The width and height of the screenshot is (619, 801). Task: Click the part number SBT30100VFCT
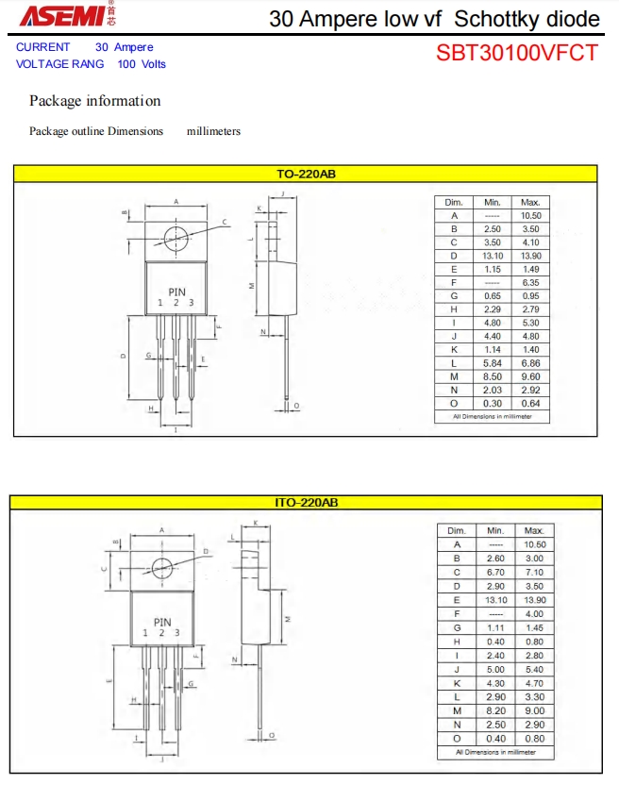click(517, 53)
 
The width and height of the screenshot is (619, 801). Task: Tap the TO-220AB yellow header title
click(306, 174)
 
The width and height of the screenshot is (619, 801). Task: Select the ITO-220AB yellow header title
click(306, 503)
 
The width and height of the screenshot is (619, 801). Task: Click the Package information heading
click(94, 101)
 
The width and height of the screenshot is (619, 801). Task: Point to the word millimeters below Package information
click(213, 131)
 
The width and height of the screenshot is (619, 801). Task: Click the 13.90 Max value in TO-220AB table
click(531, 256)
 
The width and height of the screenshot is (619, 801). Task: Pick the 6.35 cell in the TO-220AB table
click(531, 282)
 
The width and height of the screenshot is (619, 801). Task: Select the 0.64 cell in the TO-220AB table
click(531, 403)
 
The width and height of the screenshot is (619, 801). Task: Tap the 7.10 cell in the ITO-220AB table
click(534, 572)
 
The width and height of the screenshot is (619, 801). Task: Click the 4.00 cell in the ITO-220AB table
click(534, 613)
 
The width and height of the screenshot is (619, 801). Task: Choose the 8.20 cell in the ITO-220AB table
click(495, 710)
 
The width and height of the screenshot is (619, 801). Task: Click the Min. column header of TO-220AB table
click(492, 202)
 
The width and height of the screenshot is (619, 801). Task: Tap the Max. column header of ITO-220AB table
click(534, 530)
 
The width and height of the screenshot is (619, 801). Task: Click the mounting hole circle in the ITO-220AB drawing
click(161, 566)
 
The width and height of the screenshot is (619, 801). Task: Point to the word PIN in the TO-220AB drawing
click(176, 292)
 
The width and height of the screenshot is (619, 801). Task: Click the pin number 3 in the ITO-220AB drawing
click(176, 632)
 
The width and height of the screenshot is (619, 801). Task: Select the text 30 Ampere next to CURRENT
click(124, 47)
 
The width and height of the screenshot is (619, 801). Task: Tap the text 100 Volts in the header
click(142, 64)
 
